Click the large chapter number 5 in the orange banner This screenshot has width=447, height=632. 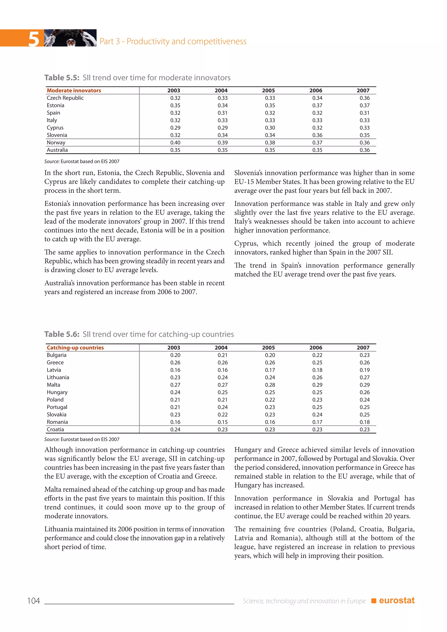pyautogui.click(x=34, y=39)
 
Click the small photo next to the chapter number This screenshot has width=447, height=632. pyautogui.click(x=70, y=38)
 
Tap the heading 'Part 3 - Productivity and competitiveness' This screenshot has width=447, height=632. pyautogui.click(x=173, y=41)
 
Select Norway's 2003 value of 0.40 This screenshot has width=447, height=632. pyautogui.click(x=175, y=143)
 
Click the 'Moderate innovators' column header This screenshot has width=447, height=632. pyautogui.click(x=74, y=91)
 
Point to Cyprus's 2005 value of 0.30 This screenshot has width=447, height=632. pyautogui.click(x=270, y=128)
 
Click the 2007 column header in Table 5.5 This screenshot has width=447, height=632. pyautogui.click(x=363, y=91)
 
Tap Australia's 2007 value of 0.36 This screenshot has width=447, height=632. pyautogui.click(x=364, y=150)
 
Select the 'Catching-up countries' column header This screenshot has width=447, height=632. pyautogui.click(x=75, y=348)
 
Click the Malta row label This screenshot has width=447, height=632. pyautogui.click(x=53, y=385)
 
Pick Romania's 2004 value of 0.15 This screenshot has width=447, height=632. pyautogui.click(x=222, y=422)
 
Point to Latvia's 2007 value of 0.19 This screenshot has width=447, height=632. pyautogui.click(x=364, y=370)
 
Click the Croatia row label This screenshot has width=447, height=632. pyautogui.click(x=55, y=429)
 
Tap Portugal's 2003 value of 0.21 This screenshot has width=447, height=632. pyautogui.click(x=175, y=407)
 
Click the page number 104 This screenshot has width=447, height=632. pyautogui.click(x=34, y=601)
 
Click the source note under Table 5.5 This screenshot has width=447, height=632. pyautogui.click(x=82, y=161)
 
